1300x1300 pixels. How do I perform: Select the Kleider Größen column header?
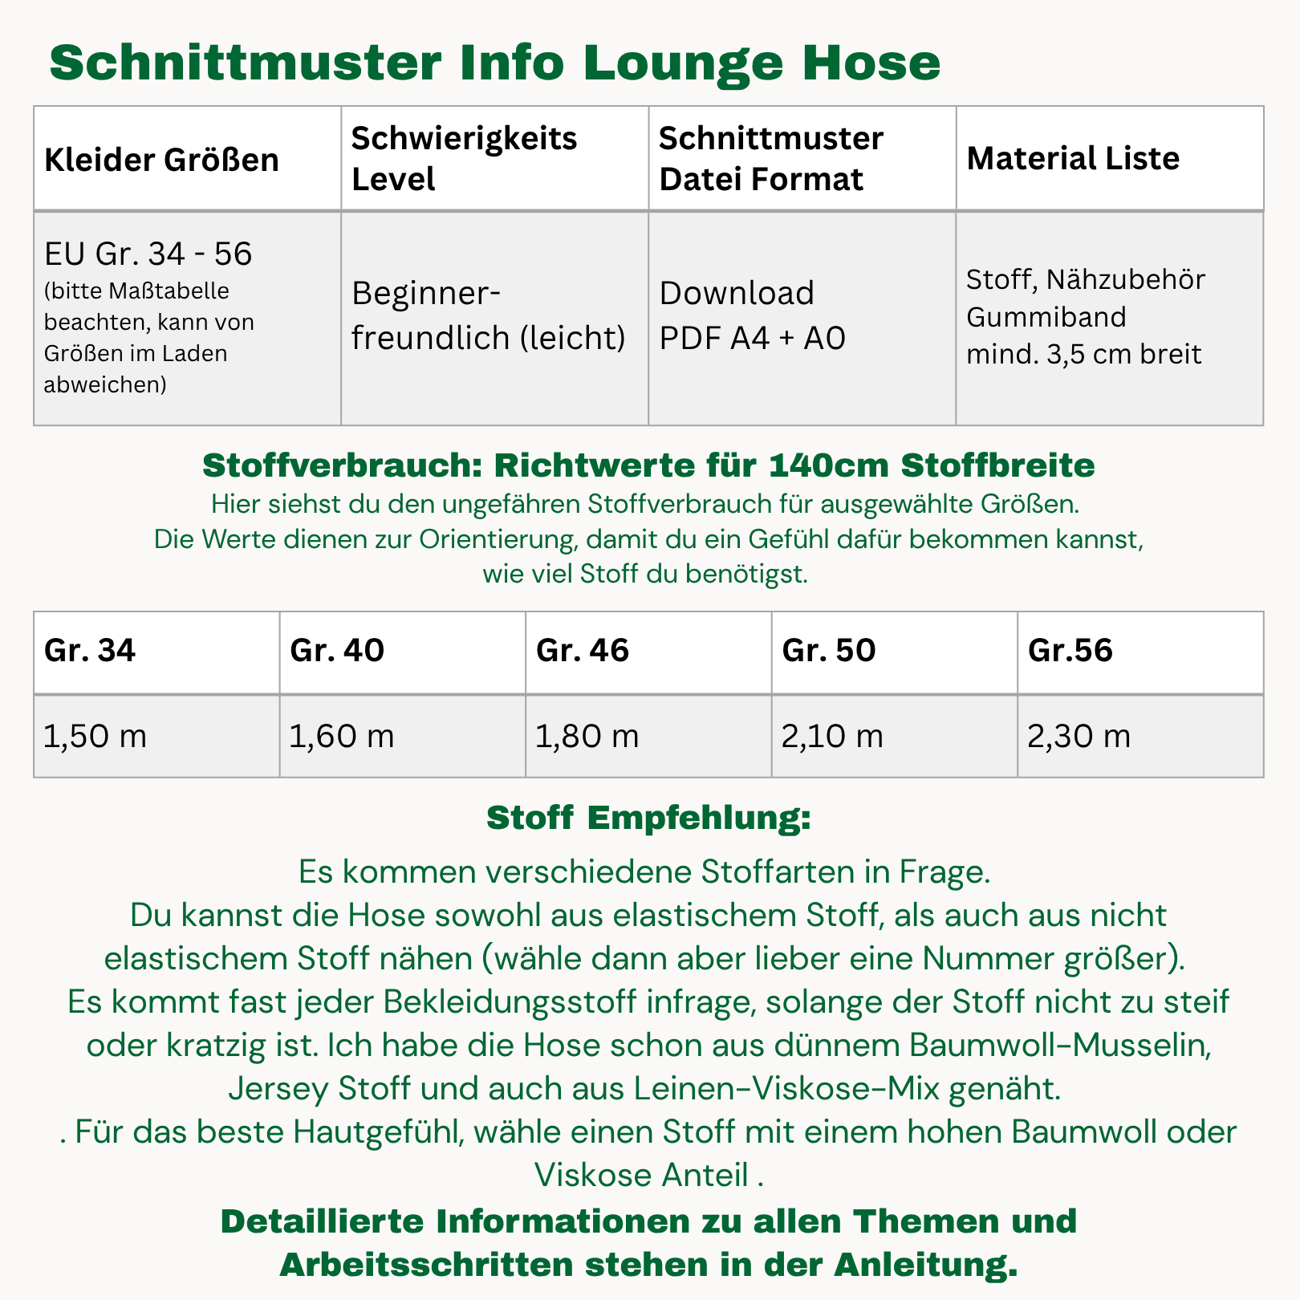161,160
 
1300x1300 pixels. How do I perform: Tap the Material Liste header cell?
1073,158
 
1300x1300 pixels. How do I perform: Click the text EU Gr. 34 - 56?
148,254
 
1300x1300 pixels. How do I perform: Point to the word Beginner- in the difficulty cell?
425,294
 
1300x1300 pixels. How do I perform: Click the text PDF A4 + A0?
752,339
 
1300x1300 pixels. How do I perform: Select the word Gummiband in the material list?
1046,317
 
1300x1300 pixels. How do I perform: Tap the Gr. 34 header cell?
90,650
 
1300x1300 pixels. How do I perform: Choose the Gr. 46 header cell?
582,650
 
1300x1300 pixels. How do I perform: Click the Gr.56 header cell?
1070,650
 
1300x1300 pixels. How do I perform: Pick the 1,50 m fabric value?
95,736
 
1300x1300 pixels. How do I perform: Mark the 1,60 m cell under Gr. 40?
341,736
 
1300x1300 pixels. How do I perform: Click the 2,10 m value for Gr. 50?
832,736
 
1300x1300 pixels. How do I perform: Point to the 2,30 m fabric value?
1079,736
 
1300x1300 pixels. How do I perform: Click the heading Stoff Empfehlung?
648,819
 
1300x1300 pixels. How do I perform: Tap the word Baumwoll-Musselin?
1059,1046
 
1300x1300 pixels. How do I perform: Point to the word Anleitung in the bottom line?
924,1265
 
